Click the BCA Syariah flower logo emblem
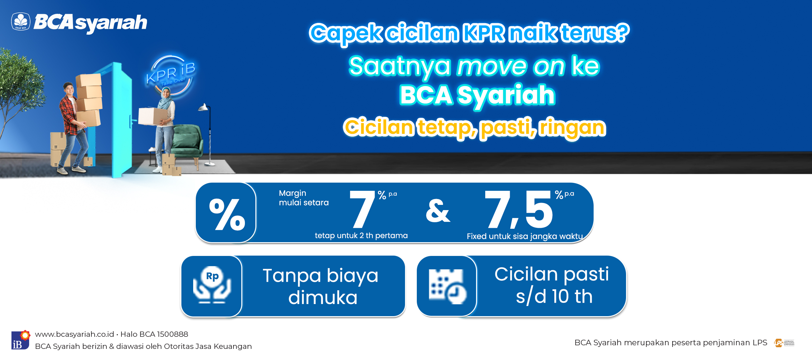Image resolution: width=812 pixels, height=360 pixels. (x=21, y=22)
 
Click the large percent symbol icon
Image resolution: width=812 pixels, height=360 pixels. (x=227, y=214)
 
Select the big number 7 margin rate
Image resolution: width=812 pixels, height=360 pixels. (x=362, y=209)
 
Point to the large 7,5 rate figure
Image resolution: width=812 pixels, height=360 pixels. (x=519, y=209)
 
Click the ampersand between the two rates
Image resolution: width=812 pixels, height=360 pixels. (x=438, y=211)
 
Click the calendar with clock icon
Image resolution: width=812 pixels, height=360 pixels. (x=447, y=286)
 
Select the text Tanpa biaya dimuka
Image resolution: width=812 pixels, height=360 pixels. (x=321, y=286)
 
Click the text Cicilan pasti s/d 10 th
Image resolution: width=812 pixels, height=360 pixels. (x=552, y=285)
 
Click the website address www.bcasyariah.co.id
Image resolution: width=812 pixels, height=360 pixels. (x=74, y=334)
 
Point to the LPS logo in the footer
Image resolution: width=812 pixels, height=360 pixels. (x=784, y=343)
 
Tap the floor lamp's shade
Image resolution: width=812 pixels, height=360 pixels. (x=204, y=107)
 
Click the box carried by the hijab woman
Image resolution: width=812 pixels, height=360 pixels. (x=153, y=116)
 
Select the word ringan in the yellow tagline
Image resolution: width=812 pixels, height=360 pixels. (x=572, y=128)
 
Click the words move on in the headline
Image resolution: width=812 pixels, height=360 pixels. (x=511, y=66)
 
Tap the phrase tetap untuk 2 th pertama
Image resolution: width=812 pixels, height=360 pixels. (x=361, y=236)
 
